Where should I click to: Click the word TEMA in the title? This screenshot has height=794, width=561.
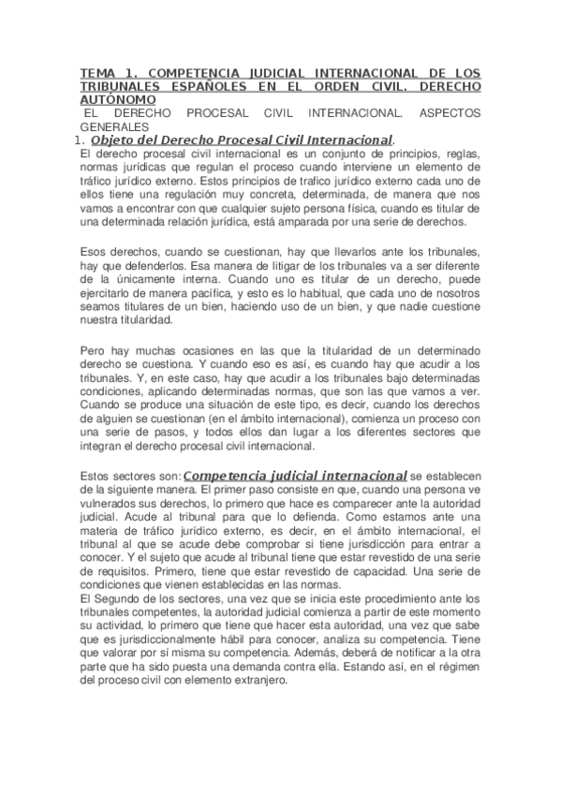pos(95,72)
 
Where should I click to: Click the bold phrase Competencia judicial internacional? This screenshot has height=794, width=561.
pos(295,476)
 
